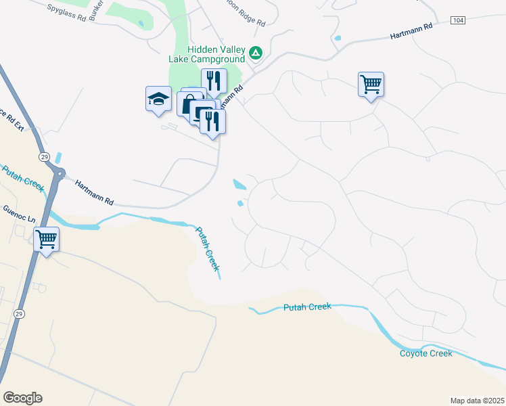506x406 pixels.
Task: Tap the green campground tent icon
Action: point(256,52)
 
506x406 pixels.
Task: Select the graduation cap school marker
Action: point(159,99)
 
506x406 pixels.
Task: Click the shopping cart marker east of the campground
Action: point(371,85)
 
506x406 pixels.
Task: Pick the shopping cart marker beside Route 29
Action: point(46,239)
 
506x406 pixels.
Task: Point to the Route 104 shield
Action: point(459,21)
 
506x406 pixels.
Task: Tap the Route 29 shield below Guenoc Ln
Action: point(19,314)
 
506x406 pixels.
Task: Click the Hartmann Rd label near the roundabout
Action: point(94,194)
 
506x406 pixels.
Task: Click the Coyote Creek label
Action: point(425,353)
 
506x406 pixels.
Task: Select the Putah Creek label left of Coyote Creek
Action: point(307,307)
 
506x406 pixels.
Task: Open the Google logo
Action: point(22,398)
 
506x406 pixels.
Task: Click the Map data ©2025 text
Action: point(477,400)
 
